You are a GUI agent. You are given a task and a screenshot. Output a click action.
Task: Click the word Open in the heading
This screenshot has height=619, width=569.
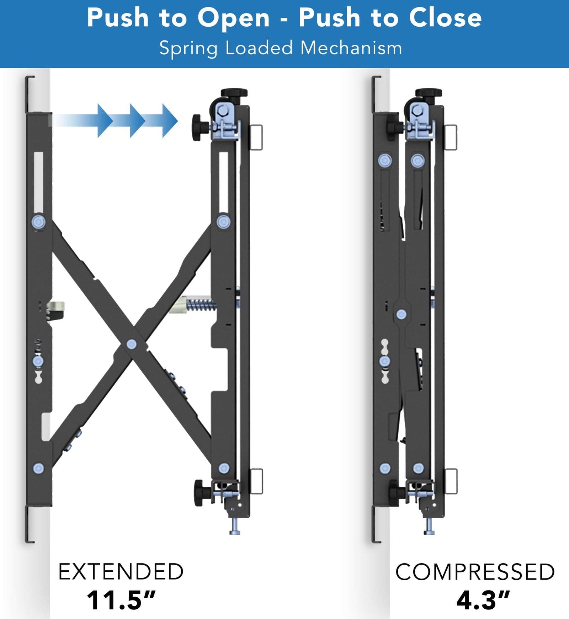click(x=234, y=18)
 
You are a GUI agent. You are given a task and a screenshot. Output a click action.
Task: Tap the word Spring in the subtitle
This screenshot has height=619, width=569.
click(x=188, y=48)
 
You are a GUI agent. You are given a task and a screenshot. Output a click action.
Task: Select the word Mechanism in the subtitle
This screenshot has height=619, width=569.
click(x=351, y=48)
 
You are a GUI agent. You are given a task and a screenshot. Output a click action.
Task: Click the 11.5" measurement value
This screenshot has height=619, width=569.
click(x=121, y=601)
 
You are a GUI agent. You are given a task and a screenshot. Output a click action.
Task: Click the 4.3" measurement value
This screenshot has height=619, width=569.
click(x=483, y=601)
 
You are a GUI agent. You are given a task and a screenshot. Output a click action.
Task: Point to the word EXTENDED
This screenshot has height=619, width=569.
click(x=121, y=572)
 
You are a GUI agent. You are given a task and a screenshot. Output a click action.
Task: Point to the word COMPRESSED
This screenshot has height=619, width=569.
click(x=475, y=572)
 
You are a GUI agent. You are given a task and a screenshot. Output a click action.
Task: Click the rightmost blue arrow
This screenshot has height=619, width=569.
click(x=169, y=121)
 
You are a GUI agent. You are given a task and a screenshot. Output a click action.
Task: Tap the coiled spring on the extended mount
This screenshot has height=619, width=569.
click(x=201, y=305)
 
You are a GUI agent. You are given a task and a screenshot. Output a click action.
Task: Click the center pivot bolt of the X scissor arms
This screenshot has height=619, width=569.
click(x=131, y=344)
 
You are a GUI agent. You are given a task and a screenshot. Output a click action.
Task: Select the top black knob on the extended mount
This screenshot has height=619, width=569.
click(x=234, y=93)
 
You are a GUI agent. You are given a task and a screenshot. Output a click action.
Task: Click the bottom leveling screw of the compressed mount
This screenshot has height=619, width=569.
click(x=429, y=527)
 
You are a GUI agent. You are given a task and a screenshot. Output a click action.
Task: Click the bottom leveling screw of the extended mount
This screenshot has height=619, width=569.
click(x=235, y=527)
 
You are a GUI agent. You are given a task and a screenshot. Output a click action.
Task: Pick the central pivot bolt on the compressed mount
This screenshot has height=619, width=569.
click(x=401, y=314)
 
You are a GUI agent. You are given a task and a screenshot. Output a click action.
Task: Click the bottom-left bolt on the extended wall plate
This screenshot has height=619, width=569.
click(x=38, y=468)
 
